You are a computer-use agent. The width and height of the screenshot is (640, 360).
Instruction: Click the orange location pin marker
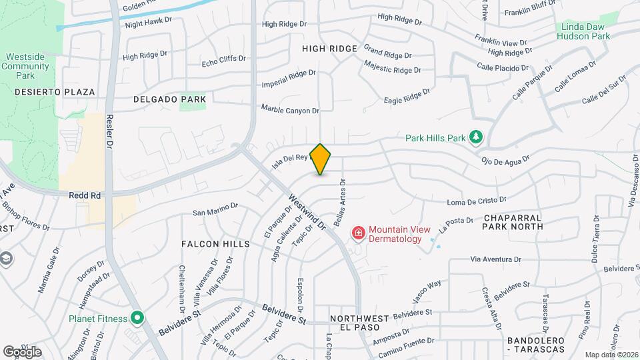(x=321, y=159)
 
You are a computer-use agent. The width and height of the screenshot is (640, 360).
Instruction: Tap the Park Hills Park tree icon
(x=475, y=137)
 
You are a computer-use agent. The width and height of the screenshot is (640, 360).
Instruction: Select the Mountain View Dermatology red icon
(x=358, y=233)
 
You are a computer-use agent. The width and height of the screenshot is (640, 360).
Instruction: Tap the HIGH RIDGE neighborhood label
(x=329, y=49)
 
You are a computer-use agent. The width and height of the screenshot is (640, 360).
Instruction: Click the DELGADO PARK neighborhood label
(x=160, y=99)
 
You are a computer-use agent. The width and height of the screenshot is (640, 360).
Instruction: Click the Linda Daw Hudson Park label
(x=581, y=32)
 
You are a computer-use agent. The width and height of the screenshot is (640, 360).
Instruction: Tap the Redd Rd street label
(x=85, y=195)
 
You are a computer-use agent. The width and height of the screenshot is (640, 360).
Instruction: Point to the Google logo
(x=22, y=351)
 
